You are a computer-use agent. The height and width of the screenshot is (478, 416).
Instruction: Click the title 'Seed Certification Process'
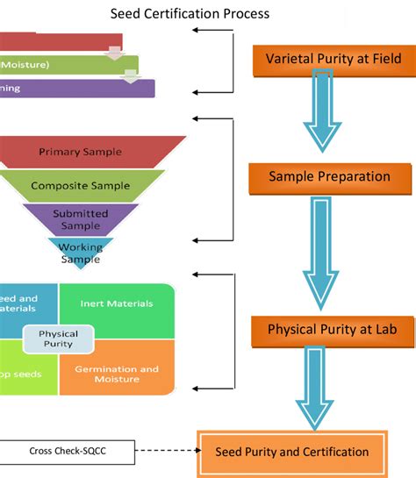[190, 13]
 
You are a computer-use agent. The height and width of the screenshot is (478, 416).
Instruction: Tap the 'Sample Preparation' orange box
[329, 176]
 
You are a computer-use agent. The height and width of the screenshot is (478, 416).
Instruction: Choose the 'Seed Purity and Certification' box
[292, 452]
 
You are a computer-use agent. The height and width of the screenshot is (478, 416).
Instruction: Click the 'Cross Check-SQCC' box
[66, 452]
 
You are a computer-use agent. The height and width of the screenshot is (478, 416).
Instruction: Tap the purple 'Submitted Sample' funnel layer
[81, 218]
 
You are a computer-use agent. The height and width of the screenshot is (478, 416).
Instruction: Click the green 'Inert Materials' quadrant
[116, 304]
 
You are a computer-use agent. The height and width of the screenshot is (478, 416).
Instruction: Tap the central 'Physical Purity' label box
[58, 339]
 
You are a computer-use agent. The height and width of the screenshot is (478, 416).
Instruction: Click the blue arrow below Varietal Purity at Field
[329, 114]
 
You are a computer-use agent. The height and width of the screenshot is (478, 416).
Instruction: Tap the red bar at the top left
[53, 41]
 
